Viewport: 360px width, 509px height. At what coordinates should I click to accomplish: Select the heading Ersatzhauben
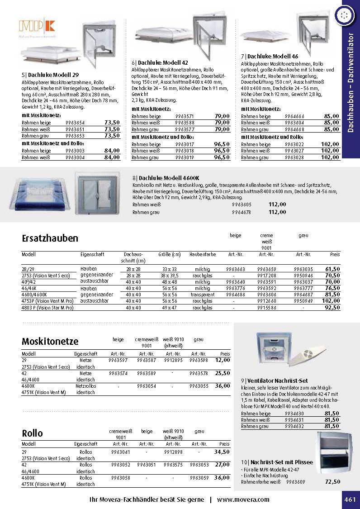50,238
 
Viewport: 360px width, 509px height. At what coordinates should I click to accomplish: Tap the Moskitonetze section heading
50,341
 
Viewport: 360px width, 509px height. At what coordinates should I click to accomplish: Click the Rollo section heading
32,433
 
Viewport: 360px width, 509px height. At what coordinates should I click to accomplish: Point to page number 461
350,499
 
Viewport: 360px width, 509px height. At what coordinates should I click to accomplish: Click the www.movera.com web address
243,499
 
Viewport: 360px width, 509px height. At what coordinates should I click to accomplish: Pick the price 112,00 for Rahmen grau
277,212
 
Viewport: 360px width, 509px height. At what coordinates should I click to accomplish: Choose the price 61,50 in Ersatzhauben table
332,269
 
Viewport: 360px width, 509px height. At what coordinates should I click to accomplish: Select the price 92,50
332,308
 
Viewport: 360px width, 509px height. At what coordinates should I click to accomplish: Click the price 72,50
332,482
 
